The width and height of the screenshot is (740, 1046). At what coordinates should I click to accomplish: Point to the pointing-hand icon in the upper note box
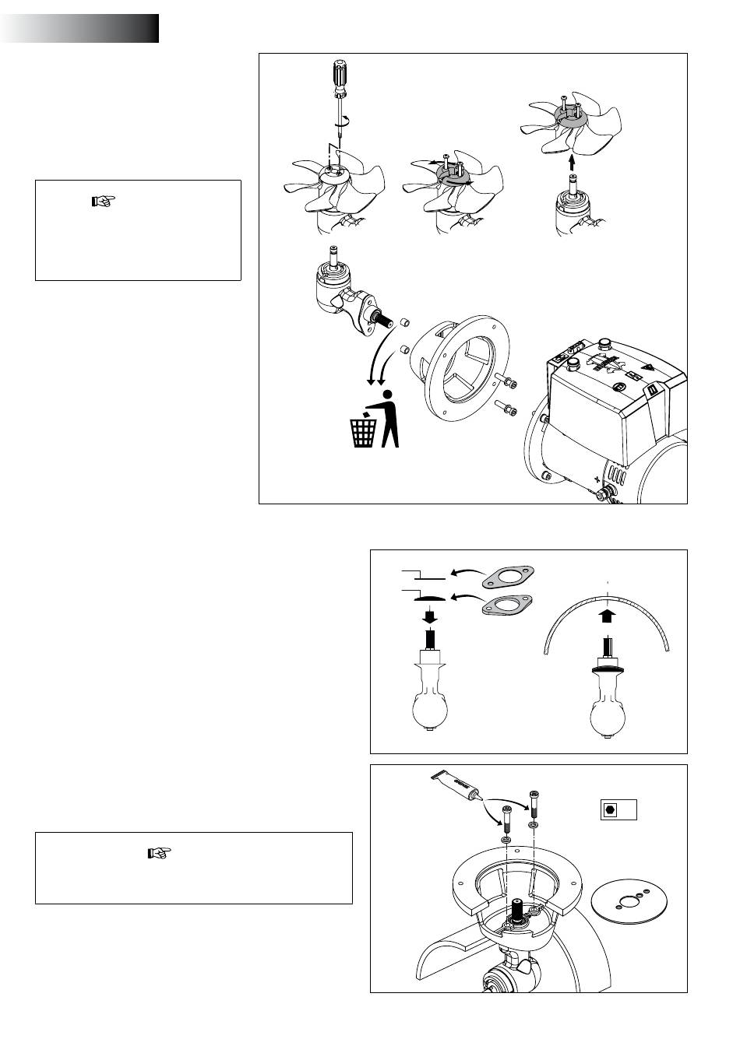coord(103,202)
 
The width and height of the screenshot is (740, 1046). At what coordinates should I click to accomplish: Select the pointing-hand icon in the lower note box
coord(158,853)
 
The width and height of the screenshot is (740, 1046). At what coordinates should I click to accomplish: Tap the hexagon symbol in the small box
coord(610,809)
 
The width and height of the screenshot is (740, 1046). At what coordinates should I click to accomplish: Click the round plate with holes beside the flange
coord(622,904)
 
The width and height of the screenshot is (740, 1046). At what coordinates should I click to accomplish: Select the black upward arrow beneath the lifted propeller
coord(571,162)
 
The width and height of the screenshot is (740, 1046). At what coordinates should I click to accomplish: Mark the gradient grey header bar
coord(79,28)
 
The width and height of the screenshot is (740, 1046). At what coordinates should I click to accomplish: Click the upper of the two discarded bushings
coord(404,322)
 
